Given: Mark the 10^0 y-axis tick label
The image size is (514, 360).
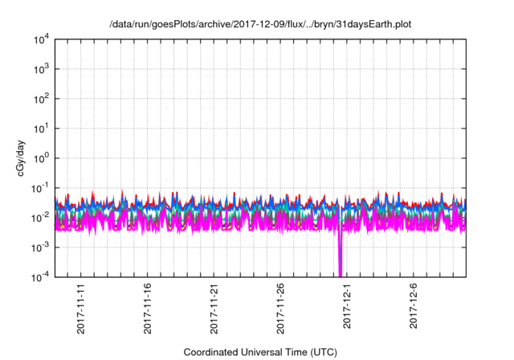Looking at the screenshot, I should [41, 158].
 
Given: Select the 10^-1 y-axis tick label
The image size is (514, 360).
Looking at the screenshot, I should [40, 188].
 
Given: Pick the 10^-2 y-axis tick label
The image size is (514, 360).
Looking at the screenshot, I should [40, 218].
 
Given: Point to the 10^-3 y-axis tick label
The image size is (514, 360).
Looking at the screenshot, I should [40, 247].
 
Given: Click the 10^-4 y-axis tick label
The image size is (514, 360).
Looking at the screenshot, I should [40, 277].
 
